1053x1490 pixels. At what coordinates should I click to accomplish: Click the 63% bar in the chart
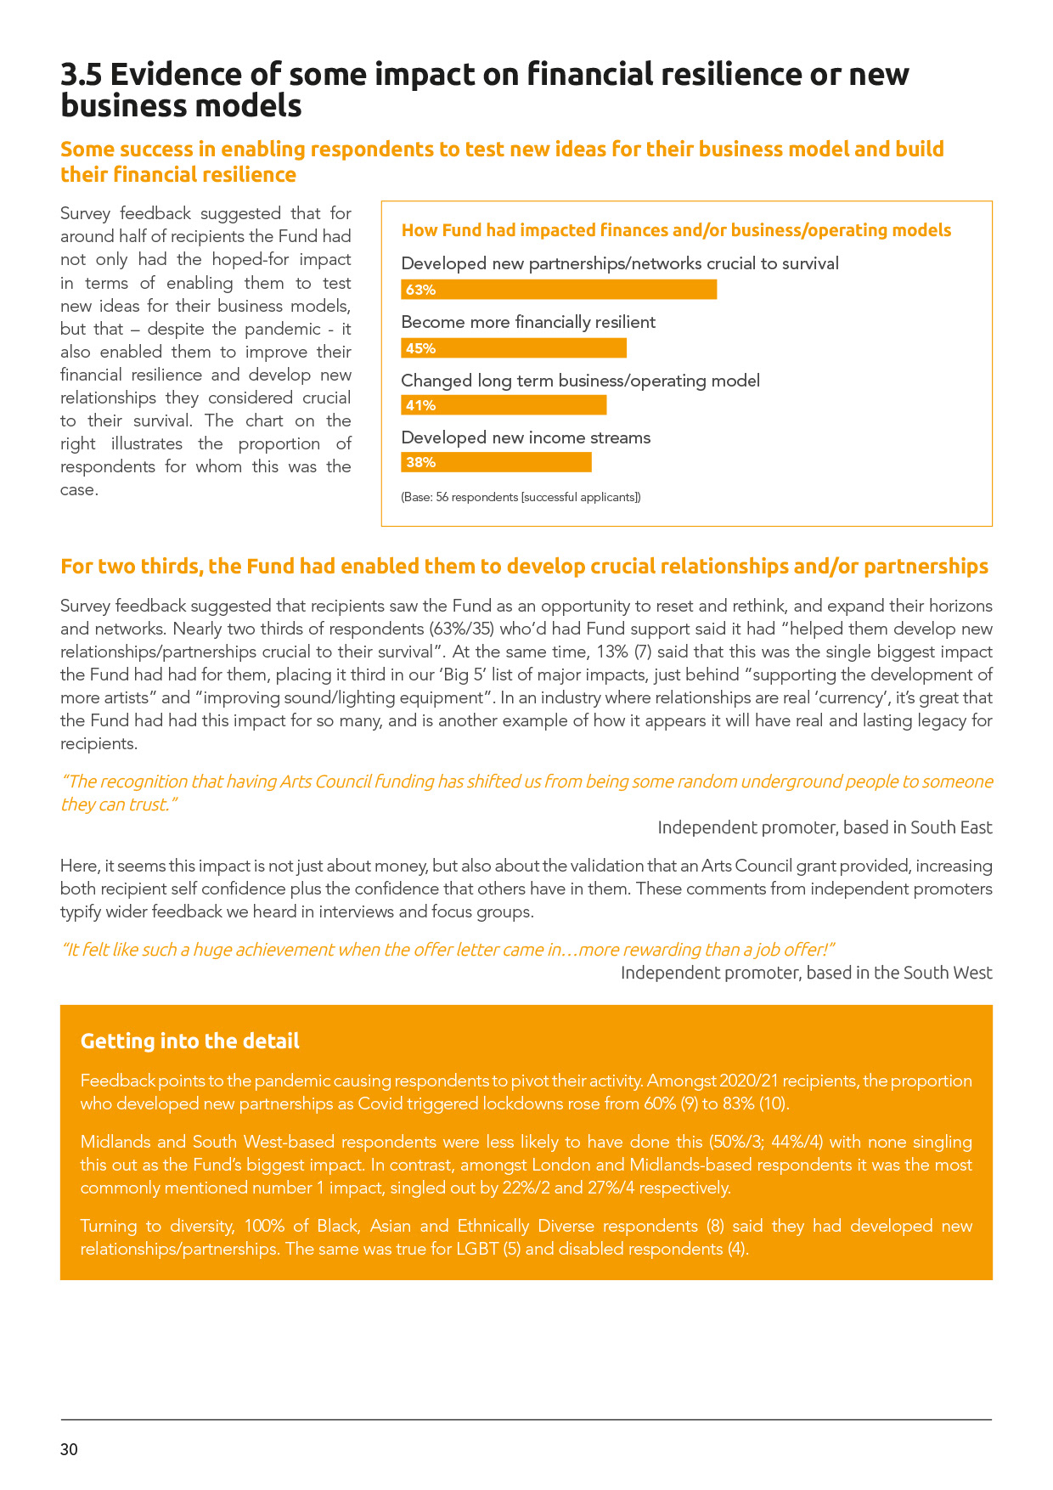point(559,290)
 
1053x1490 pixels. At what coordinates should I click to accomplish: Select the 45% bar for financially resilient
point(514,348)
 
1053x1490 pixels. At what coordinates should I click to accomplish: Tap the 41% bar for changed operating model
point(504,405)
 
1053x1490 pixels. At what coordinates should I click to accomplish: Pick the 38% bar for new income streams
point(496,462)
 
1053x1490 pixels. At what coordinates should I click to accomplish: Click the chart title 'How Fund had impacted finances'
point(676,230)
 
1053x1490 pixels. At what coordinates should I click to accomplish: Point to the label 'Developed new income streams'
point(526,437)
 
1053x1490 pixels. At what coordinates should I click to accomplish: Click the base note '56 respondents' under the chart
point(521,497)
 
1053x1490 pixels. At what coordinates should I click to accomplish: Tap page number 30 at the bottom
point(69,1449)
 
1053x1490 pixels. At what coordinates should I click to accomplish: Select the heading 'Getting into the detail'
point(189,1041)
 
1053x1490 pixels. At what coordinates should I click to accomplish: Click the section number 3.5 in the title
point(81,75)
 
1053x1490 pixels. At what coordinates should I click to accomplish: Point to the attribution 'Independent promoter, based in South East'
point(825,827)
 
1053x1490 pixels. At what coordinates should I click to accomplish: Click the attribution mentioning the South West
point(806,973)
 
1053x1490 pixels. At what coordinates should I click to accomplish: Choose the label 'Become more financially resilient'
point(528,322)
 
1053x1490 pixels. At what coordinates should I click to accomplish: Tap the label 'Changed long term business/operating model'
point(580,381)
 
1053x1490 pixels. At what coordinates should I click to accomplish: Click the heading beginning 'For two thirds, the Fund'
point(524,567)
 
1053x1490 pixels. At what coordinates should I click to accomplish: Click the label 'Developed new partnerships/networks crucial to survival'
point(619,263)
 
